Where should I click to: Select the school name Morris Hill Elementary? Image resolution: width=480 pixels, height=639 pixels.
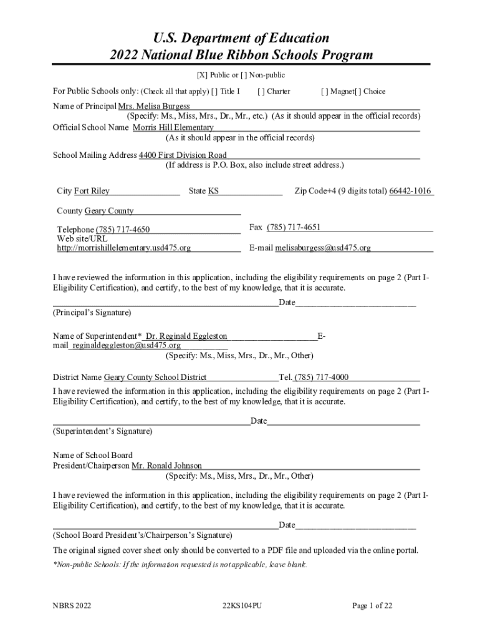[173, 128]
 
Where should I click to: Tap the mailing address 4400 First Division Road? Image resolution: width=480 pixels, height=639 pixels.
[183, 155]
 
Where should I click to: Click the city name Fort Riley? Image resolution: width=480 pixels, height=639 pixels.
[92, 192]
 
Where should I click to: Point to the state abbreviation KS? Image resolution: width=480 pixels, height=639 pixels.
[213, 192]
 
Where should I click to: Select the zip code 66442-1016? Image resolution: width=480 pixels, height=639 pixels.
[410, 192]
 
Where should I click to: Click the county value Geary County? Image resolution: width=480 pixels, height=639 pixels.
[109, 212]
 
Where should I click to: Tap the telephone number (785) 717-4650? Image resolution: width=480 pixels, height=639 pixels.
[123, 230]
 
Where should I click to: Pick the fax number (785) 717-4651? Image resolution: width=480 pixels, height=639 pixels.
[294, 228]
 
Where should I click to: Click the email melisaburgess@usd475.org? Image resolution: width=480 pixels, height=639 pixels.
[323, 248]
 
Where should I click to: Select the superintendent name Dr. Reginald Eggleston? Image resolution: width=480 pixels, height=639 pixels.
[186, 336]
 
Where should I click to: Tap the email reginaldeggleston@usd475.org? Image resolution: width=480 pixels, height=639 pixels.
[127, 346]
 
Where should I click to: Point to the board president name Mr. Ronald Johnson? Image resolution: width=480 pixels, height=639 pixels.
[166, 466]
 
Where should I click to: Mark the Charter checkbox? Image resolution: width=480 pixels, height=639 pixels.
[261, 92]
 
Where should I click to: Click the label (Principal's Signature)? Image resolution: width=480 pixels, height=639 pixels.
[92, 312]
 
